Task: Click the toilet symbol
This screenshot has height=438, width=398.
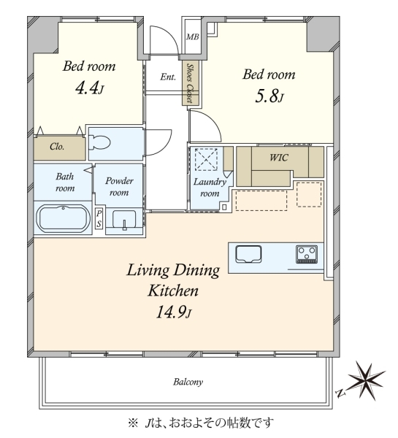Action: [99, 142]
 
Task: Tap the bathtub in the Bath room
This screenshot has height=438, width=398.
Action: [64, 218]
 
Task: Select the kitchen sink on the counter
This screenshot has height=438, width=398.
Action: [248, 254]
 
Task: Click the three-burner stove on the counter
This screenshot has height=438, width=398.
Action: [307, 254]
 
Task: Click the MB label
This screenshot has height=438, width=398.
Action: [193, 36]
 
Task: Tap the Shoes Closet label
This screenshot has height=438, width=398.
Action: [191, 83]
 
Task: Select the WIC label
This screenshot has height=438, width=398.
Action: [279, 158]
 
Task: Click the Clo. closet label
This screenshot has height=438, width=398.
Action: [57, 147]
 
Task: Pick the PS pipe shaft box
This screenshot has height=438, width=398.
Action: [99, 219]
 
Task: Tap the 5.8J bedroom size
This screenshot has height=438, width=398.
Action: [269, 96]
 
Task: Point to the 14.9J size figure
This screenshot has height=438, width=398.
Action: [174, 312]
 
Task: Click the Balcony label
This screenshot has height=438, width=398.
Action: [188, 382]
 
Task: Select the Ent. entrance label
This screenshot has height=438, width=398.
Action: [168, 77]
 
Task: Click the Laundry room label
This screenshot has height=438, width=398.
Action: [210, 188]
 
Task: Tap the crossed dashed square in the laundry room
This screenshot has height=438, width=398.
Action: [206, 159]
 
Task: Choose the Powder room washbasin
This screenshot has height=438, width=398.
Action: [124, 220]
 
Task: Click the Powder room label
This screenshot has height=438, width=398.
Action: [119, 187]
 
